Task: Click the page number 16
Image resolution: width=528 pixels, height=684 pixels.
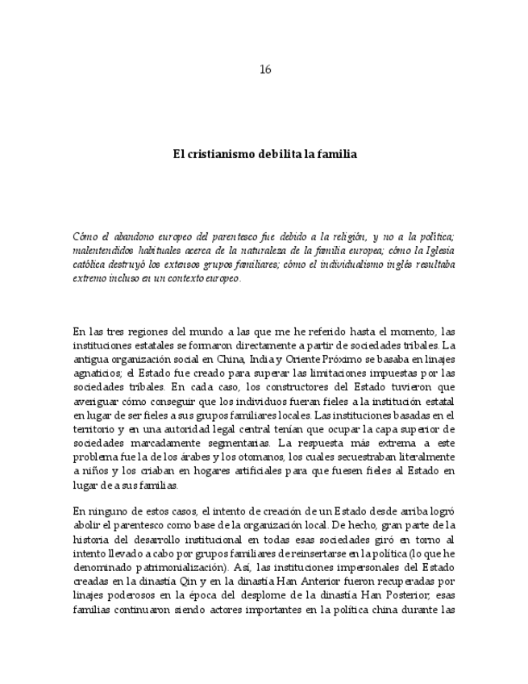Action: pyautogui.click(x=264, y=69)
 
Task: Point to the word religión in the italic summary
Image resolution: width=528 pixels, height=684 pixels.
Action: pyautogui.click(x=337, y=237)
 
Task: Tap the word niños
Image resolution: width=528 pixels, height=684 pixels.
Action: pyautogui.click(x=94, y=471)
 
